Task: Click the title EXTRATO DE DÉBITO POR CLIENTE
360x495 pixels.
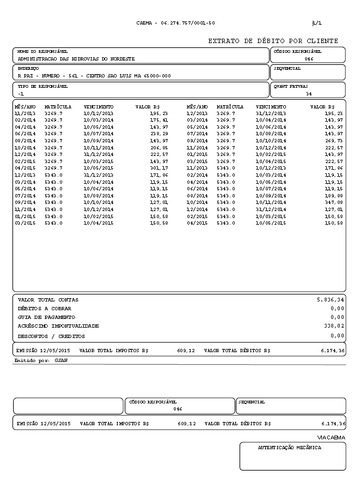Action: click(x=273, y=41)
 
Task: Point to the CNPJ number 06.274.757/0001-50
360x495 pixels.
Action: click(x=188, y=23)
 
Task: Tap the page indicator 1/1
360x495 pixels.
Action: click(x=316, y=23)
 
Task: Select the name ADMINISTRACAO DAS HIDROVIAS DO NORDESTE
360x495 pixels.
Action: click(x=76, y=58)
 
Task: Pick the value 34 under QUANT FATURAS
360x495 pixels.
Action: click(x=309, y=94)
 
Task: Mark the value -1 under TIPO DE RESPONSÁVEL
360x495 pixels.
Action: click(x=21, y=94)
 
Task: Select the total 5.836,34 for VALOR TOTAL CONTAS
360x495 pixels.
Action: click(x=331, y=300)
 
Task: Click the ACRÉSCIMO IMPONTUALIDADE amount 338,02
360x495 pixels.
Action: click(x=333, y=325)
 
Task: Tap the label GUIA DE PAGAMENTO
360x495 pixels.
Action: click(x=46, y=317)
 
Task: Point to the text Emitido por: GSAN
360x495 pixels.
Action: click(x=37, y=361)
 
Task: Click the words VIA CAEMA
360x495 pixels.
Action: click(x=331, y=438)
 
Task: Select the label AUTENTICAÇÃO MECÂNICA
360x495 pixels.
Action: click(x=289, y=448)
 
